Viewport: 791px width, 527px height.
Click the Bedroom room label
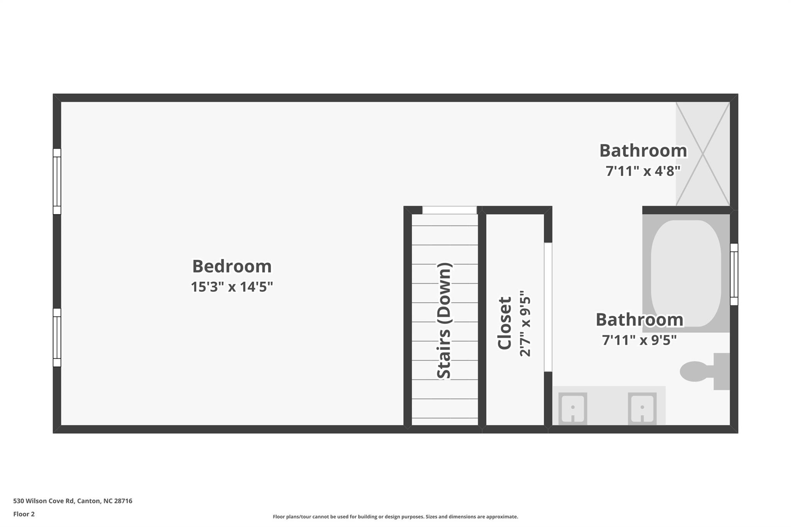coord(232,266)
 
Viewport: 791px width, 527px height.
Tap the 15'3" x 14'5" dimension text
coord(232,287)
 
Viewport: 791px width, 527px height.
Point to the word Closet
coord(504,323)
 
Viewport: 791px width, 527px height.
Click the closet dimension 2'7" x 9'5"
coord(525,323)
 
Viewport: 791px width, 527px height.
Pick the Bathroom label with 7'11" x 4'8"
coord(643,151)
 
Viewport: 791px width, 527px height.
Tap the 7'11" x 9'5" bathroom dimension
coord(639,340)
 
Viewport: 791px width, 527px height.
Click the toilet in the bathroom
coord(703,371)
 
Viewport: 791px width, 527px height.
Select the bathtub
coord(686,273)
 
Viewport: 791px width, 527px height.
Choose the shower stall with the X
coord(703,154)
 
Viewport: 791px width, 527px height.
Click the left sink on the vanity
coord(573,408)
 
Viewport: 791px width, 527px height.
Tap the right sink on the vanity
coord(642,408)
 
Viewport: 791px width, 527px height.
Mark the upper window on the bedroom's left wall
coord(57,181)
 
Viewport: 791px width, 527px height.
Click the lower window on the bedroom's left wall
coord(57,337)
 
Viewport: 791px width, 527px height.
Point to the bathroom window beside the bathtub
coord(734,274)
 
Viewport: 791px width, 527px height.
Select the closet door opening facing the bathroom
coord(548,307)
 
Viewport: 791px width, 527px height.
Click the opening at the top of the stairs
coord(449,210)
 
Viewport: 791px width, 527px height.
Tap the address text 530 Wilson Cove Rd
coord(73,501)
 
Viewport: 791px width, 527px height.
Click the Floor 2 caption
coord(24,514)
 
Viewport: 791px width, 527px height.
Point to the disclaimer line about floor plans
coord(395,517)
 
